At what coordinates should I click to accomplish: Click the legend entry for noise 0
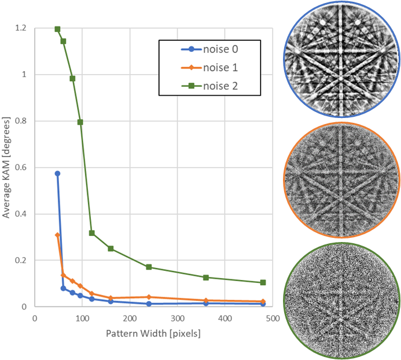(x=207, y=49)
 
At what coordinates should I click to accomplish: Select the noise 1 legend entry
(x=207, y=67)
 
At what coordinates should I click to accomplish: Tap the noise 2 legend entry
(x=207, y=86)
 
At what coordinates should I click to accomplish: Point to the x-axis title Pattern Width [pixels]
(x=154, y=333)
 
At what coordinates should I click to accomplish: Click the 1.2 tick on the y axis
(x=22, y=28)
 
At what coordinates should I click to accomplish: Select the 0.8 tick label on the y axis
(x=22, y=121)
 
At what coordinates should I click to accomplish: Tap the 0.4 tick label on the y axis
(x=22, y=214)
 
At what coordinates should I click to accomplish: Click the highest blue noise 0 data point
(x=58, y=173)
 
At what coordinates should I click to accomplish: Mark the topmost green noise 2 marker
(x=58, y=29)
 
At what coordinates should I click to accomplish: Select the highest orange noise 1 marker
(x=58, y=235)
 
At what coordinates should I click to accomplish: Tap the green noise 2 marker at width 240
(x=149, y=267)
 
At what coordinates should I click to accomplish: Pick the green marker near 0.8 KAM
(x=80, y=122)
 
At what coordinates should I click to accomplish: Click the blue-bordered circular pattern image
(x=341, y=59)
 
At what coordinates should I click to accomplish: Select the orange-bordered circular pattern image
(x=341, y=181)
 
